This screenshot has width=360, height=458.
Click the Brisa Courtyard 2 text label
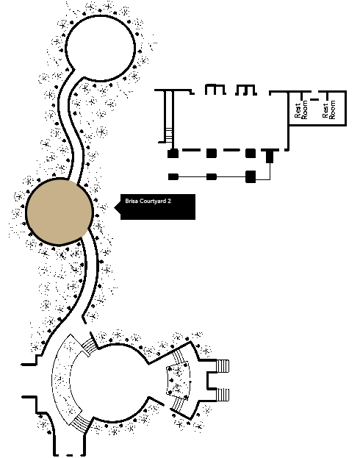148,201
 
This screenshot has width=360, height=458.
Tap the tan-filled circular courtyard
60,212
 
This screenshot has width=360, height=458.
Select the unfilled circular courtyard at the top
101,49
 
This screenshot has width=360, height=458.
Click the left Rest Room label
301,110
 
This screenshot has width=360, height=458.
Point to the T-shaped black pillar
270,155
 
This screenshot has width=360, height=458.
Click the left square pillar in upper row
173,154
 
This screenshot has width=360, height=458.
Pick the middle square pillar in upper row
212,154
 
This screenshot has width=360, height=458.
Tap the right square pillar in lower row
251,176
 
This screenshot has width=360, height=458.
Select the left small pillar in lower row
173,176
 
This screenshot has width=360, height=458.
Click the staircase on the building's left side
169,135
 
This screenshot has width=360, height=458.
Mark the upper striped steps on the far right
223,366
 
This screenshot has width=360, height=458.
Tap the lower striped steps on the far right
223,395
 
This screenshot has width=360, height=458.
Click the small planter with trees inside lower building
179,380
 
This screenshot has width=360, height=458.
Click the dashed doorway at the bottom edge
70,455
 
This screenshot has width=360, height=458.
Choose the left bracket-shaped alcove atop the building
215,90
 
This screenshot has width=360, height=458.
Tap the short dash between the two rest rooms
314,99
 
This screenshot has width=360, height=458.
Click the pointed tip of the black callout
115,207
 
